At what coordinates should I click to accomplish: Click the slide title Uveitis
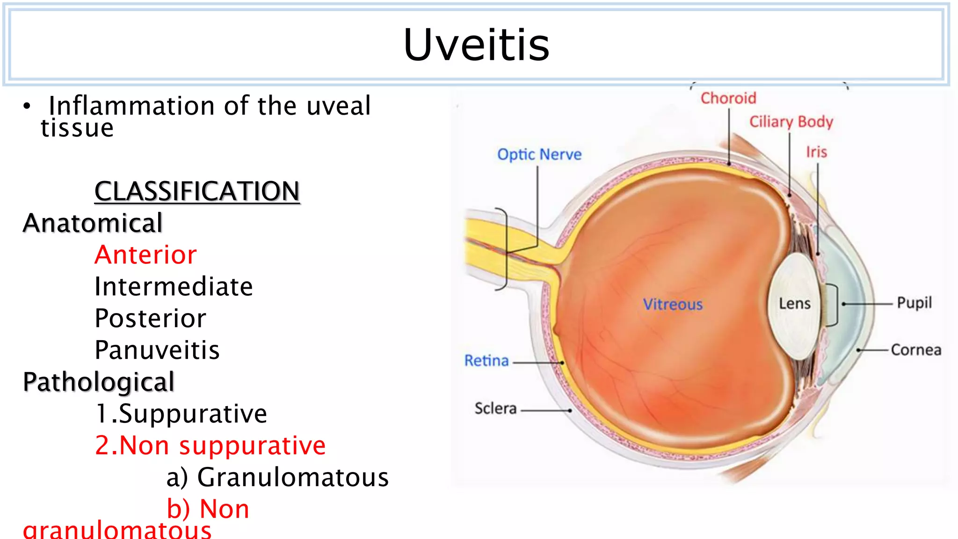click(x=476, y=45)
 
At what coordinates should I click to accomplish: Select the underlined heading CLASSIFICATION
click(x=197, y=191)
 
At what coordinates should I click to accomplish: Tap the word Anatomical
click(x=93, y=223)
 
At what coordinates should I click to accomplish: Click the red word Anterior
click(x=145, y=255)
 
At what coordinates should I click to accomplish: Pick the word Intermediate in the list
click(x=174, y=286)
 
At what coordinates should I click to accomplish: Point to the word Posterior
click(x=150, y=318)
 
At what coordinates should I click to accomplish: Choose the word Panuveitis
click(x=157, y=350)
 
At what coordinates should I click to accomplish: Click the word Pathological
click(x=99, y=382)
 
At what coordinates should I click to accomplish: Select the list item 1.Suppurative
click(x=181, y=414)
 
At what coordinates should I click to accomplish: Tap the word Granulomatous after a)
click(x=293, y=477)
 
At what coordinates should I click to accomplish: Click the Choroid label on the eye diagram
click(x=728, y=98)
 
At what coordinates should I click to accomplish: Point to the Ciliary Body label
click(x=791, y=122)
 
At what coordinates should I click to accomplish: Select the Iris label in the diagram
click(x=816, y=152)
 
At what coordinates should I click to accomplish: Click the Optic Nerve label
click(x=539, y=154)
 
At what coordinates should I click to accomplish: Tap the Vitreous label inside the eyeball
click(x=673, y=305)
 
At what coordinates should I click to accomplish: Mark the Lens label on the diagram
click(x=794, y=304)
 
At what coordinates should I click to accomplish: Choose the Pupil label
click(x=914, y=303)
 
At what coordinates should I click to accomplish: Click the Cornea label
click(x=915, y=350)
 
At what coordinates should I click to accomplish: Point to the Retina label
click(x=486, y=361)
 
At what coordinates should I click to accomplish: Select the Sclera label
click(x=495, y=408)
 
